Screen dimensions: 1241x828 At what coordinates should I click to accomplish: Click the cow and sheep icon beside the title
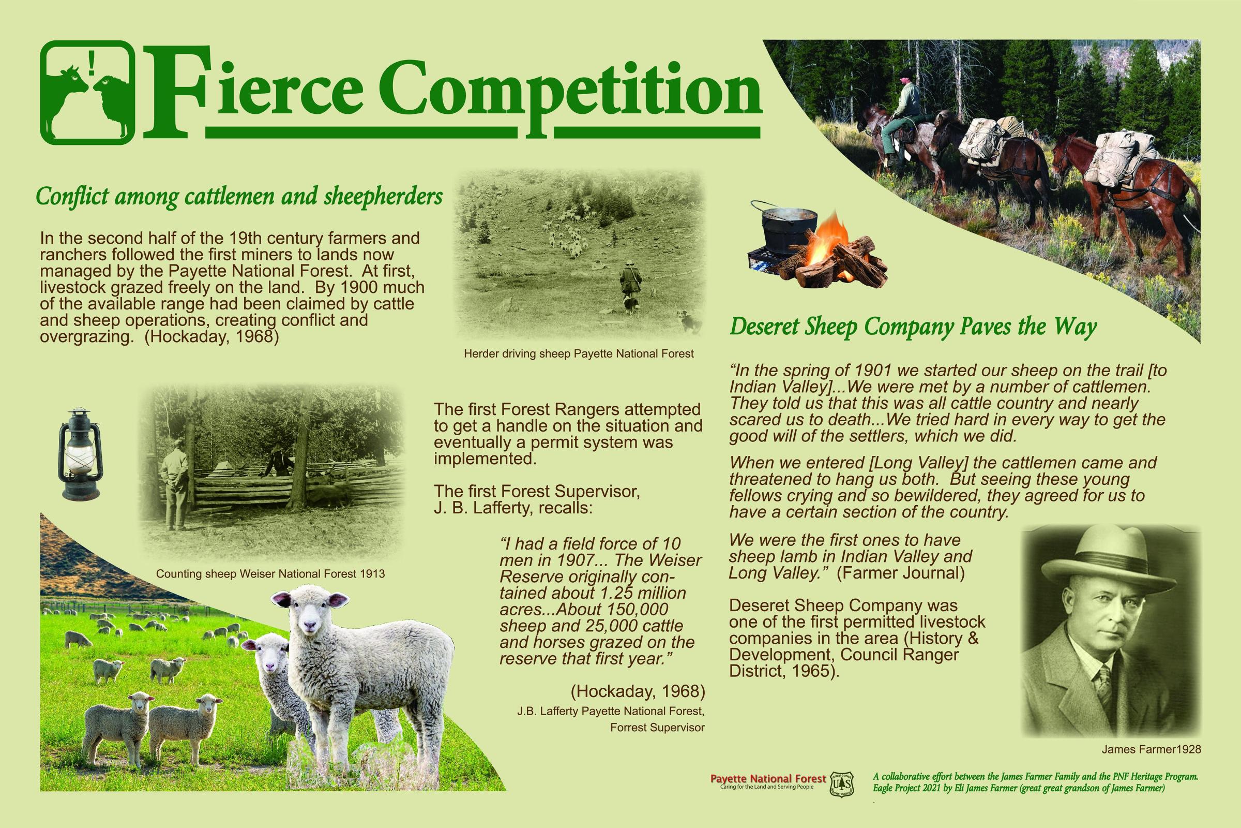(86, 93)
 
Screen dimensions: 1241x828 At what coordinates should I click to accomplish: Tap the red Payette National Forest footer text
(768, 779)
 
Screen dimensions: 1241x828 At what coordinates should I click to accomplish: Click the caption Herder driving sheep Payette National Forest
(579, 354)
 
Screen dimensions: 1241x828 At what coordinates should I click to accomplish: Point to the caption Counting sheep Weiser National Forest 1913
(270, 573)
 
